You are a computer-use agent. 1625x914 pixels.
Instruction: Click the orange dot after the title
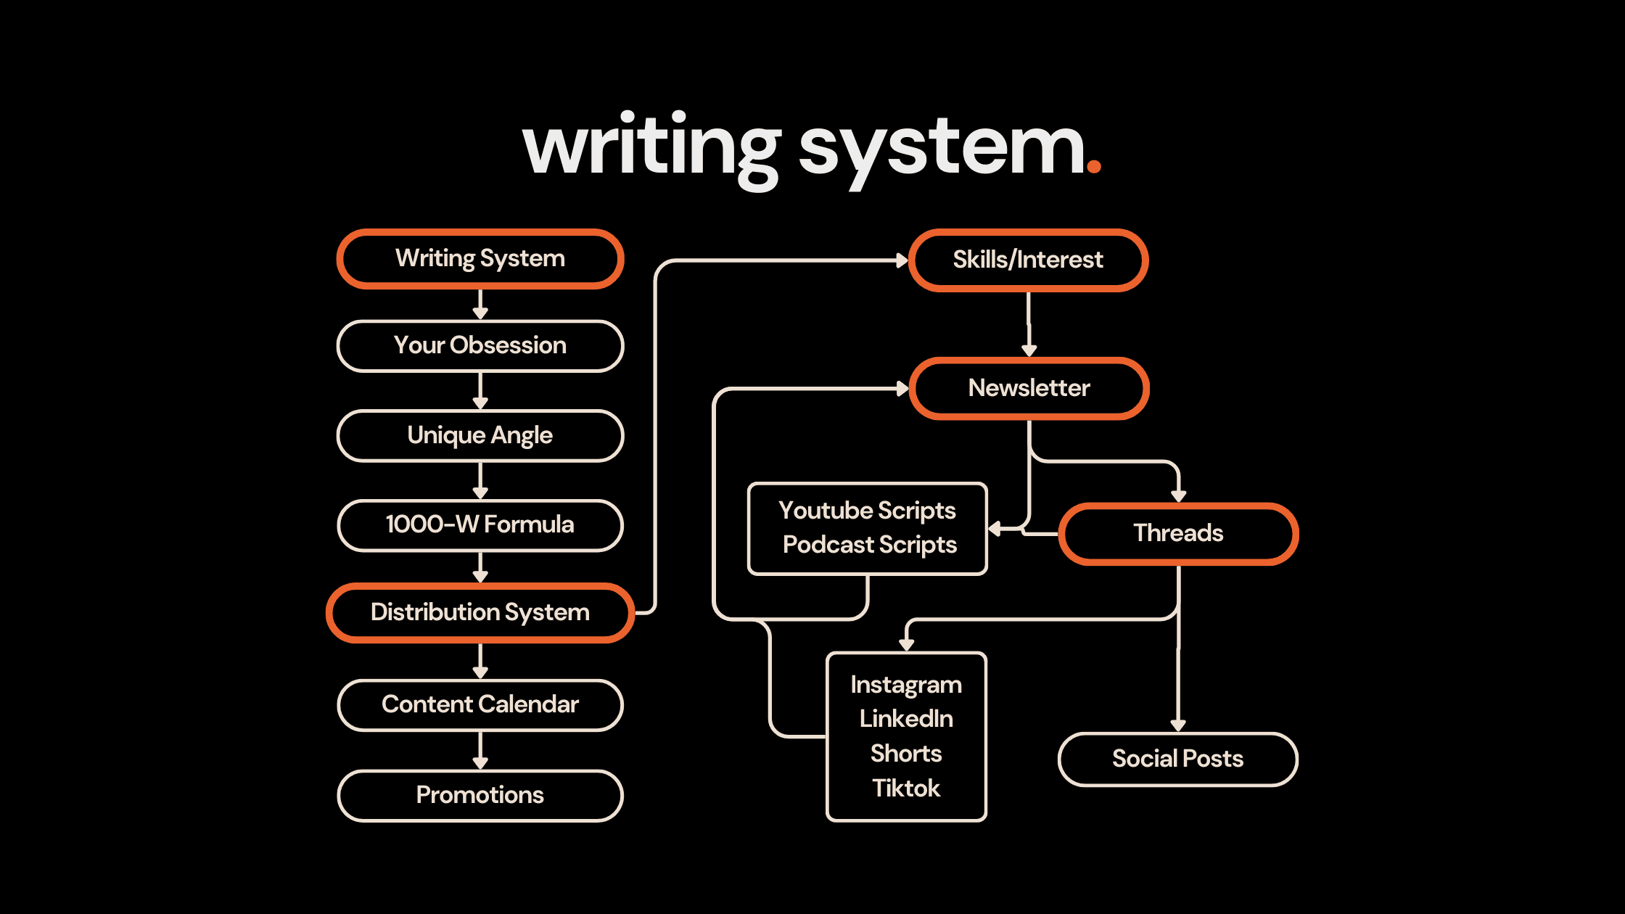(x=1094, y=167)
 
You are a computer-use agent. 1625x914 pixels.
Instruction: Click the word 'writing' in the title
(x=651, y=149)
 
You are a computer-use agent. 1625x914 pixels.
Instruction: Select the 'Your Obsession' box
(x=480, y=346)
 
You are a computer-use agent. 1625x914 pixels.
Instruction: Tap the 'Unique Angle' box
(x=480, y=436)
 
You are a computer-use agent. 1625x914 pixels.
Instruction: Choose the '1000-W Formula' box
(x=480, y=525)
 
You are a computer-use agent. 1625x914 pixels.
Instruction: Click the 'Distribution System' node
(x=480, y=613)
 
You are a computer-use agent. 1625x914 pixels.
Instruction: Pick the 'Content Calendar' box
(x=480, y=705)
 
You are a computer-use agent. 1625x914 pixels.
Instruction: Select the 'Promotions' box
(x=480, y=796)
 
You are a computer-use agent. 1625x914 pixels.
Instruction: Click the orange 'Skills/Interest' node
(x=1028, y=260)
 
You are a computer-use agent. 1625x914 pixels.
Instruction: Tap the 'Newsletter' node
(x=1029, y=389)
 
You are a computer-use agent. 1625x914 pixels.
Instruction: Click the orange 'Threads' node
(x=1178, y=534)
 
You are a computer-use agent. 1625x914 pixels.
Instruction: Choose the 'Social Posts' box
(x=1177, y=759)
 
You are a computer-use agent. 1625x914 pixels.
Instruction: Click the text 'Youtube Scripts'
(x=867, y=511)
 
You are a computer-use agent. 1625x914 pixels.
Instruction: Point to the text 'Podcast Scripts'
(x=869, y=545)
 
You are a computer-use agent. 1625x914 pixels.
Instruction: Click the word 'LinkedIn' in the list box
(x=906, y=719)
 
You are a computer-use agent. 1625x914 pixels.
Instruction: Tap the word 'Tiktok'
(x=906, y=789)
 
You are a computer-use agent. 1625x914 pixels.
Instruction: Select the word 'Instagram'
(x=906, y=685)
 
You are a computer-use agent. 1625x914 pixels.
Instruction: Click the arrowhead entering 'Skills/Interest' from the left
(x=902, y=260)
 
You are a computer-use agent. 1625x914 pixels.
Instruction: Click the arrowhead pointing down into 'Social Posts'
(x=1178, y=725)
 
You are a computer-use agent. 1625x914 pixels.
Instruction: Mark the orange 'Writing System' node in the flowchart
(x=480, y=259)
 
